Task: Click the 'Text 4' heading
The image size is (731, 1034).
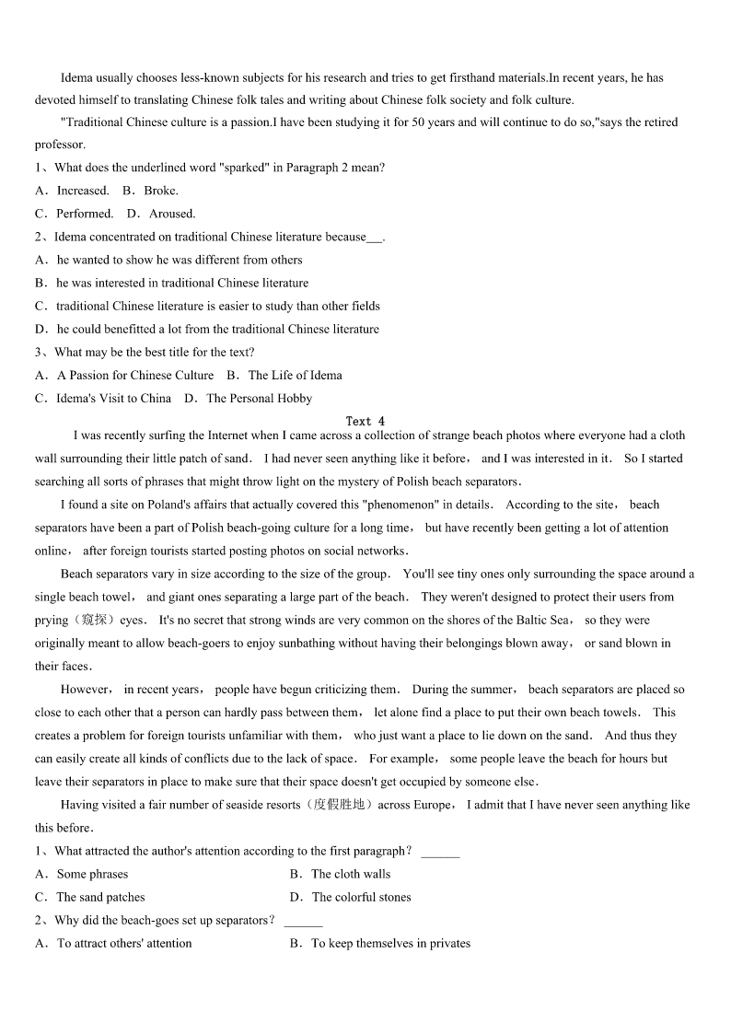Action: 365,421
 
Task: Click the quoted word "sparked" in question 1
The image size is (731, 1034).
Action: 246,168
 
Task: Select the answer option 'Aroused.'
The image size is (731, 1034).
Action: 172,214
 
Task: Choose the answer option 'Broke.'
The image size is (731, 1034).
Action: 161,191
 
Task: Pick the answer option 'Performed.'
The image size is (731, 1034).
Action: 85,214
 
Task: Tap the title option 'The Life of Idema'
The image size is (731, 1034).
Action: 295,375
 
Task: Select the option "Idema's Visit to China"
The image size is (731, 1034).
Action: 113,398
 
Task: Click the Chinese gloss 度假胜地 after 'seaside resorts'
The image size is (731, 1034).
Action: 340,805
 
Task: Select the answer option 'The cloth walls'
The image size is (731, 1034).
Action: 350,874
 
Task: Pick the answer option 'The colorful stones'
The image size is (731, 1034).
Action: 361,897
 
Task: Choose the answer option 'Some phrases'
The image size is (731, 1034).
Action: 92,874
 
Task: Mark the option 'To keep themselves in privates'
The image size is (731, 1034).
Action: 390,943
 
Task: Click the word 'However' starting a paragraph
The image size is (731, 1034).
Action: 86,690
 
